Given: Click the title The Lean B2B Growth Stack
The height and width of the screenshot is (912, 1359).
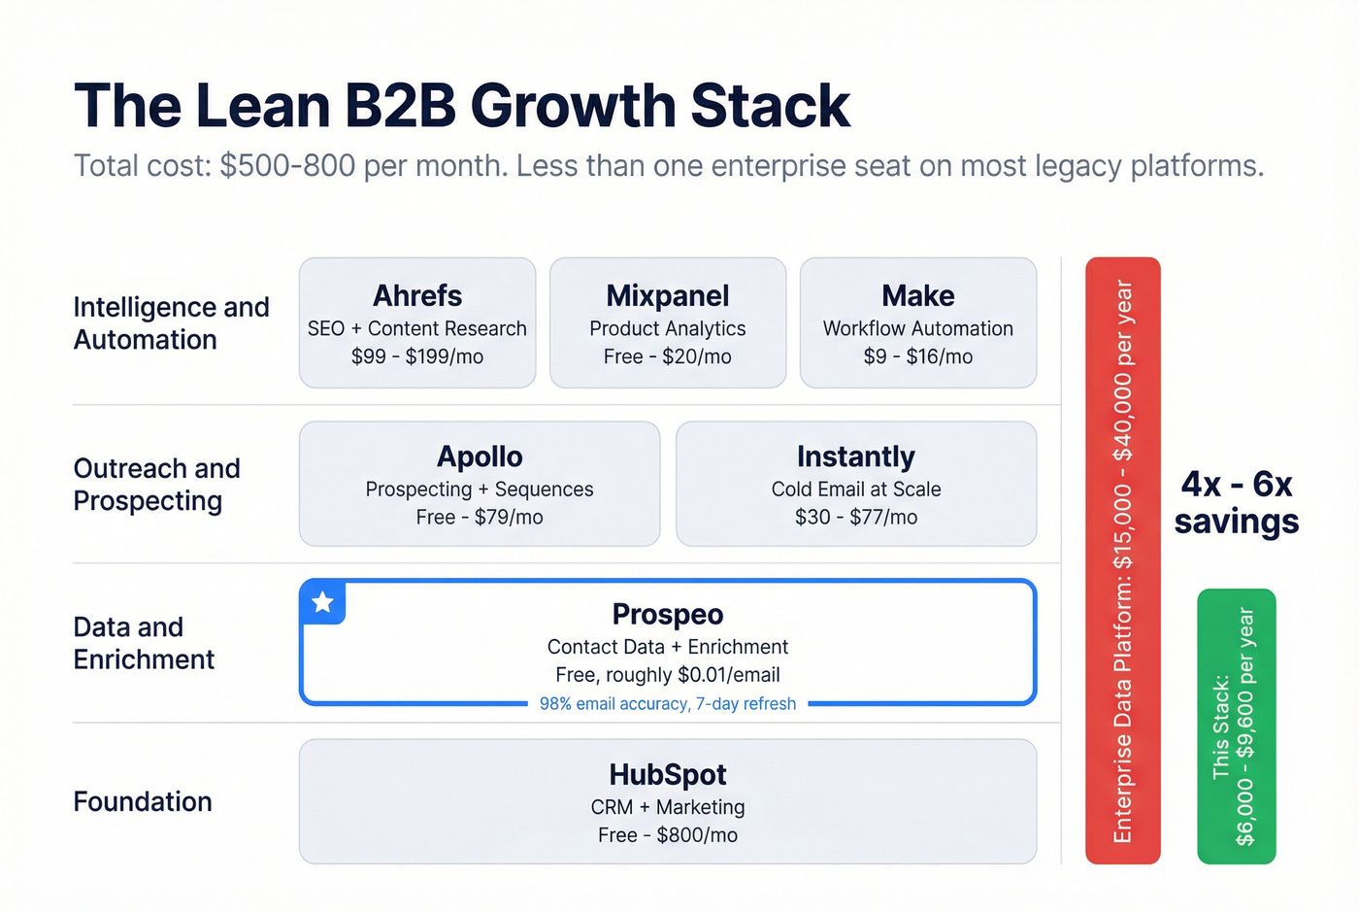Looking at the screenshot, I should click(x=462, y=106).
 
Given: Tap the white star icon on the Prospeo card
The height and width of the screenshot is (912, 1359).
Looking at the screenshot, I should click(x=323, y=602).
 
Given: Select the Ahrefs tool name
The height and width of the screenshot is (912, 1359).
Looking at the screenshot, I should click(x=417, y=295).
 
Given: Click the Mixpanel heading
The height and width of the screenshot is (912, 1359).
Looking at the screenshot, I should click(x=667, y=295).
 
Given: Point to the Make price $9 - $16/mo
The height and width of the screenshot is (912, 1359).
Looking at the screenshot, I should click(x=917, y=356).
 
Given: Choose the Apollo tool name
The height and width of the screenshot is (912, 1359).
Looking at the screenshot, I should click(x=480, y=456).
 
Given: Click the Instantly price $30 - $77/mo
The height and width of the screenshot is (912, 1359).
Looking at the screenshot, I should click(x=855, y=517).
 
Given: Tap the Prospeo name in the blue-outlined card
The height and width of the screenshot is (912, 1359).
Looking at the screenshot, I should click(x=667, y=614).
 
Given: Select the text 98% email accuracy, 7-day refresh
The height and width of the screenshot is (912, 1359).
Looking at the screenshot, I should click(x=667, y=704).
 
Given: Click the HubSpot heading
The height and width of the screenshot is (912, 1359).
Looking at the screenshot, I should click(x=667, y=774).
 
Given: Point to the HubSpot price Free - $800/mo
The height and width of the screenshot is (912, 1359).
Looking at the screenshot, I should click(x=667, y=835).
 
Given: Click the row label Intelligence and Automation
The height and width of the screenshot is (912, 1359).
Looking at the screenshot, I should click(x=171, y=323).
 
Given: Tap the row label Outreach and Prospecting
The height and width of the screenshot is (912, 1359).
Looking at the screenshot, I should click(x=156, y=485).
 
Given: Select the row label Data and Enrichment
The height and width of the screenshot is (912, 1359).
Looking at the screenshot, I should click(x=144, y=643).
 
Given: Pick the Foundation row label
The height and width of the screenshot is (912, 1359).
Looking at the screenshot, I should click(x=143, y=801).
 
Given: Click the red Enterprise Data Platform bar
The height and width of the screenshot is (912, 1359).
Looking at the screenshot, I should click(x=1122, y=560).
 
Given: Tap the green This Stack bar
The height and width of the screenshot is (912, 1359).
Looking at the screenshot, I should click(x=1236, y=726).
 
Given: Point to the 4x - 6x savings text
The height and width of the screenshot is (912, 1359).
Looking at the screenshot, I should click(x=1236, y=502).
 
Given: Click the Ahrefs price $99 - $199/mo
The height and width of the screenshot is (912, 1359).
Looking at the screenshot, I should click(x=417, y=356).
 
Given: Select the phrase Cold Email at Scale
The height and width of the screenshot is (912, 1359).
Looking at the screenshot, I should click(x=855, y=490).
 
